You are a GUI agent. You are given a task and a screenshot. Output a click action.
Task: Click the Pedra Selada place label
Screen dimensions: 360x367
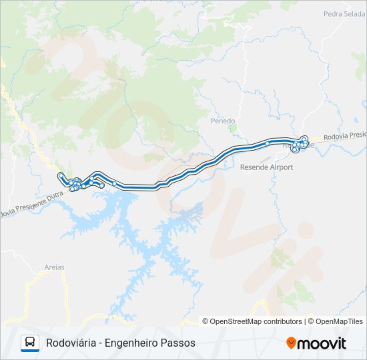344,13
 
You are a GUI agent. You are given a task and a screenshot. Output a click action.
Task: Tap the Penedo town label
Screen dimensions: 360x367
223,121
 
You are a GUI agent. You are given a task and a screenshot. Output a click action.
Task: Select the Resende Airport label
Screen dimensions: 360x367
266,167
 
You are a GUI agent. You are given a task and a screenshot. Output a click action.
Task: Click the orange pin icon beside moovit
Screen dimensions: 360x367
291,343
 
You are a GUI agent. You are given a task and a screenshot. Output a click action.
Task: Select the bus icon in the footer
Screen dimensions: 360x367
30,343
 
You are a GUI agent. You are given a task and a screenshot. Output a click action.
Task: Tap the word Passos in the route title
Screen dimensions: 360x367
180,343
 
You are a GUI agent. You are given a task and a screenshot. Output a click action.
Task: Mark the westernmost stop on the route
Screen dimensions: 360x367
61,175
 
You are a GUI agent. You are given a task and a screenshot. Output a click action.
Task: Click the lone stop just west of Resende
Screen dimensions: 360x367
268,143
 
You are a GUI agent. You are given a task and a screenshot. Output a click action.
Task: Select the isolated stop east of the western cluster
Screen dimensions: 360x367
114,183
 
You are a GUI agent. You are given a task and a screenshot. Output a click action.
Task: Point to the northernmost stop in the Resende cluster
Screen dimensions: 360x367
304,139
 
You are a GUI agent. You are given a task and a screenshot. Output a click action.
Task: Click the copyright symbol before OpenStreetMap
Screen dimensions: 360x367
206,321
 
